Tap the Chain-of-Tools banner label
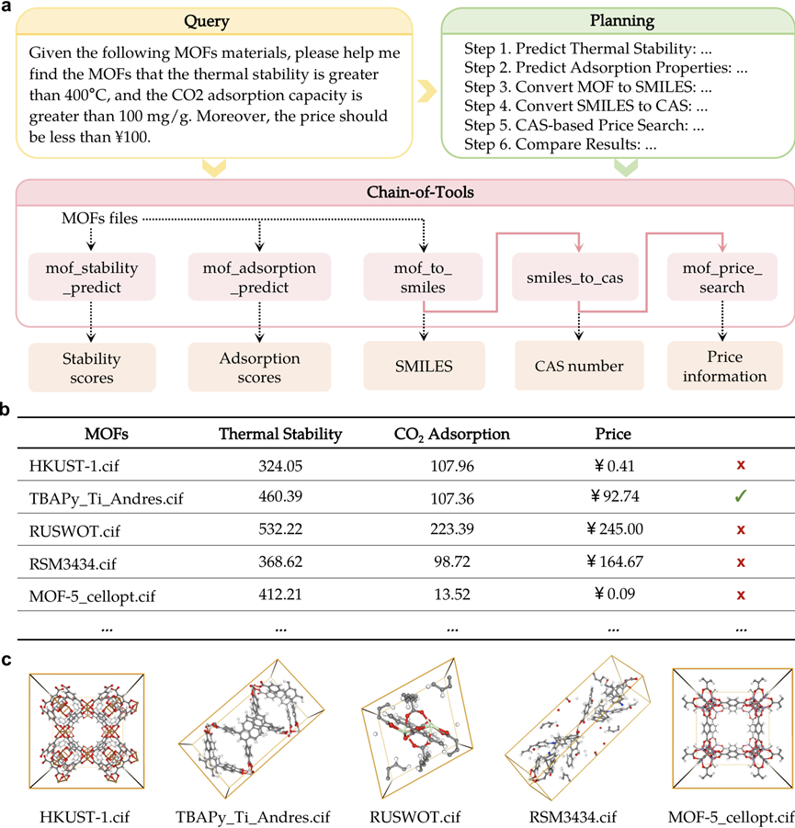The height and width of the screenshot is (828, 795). (404, 193)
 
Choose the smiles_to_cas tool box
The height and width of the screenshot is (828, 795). (566, 277)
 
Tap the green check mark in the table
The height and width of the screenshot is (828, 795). (740, 498)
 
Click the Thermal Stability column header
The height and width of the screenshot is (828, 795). (279, 434)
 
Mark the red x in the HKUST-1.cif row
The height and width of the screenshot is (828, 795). (740, 466)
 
